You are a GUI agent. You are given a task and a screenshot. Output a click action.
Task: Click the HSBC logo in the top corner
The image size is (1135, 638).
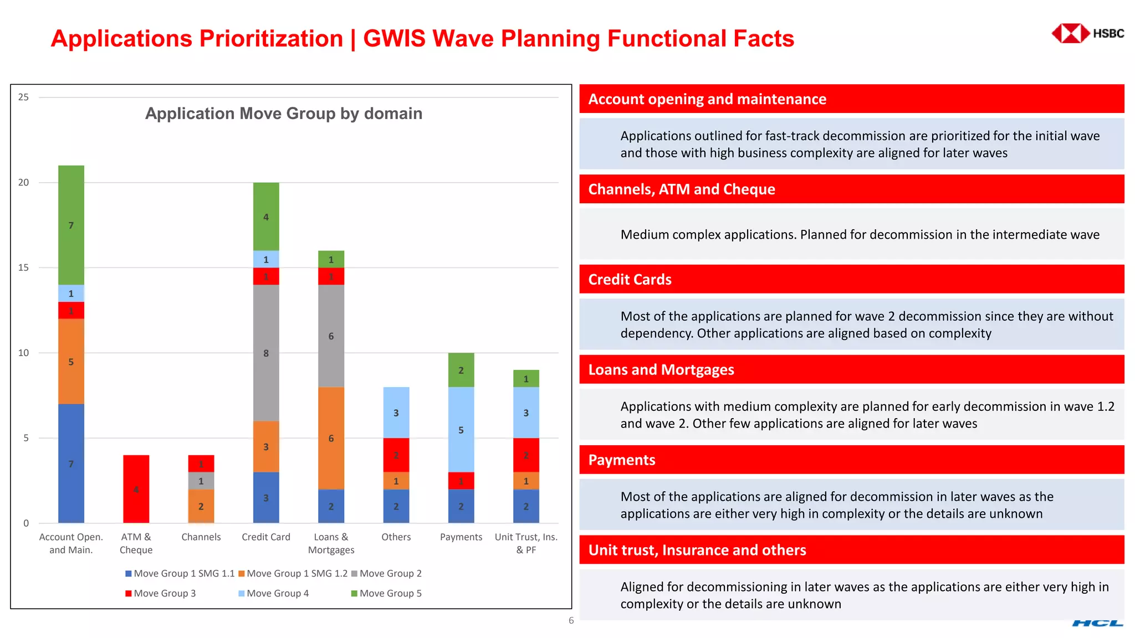pyautogui.click(x=1087, y=33)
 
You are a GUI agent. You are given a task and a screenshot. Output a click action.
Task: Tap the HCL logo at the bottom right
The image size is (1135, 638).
pyautogui.click(x=1097, y=623)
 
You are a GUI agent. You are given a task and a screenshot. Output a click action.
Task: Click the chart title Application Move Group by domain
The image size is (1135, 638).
pyautogui.click(x=283, y=114)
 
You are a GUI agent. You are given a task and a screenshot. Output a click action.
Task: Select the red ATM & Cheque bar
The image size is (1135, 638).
pyautogui.click(x=136, y=488)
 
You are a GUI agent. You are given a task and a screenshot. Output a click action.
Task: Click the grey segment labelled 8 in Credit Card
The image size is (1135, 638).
pyautogui.click(x=266, y=353)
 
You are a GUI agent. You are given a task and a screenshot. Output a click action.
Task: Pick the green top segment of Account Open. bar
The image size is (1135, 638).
pyautogui.click(x=71, y=225)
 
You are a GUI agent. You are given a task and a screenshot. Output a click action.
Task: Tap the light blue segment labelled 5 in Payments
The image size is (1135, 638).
pyautogui.click(x=461, y=429)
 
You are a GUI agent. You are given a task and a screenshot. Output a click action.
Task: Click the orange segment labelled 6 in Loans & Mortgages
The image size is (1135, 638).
pyautogui.click(x=331, y=438)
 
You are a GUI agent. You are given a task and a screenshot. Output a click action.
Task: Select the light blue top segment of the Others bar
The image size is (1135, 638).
pyautogui.click(x=396, y=412)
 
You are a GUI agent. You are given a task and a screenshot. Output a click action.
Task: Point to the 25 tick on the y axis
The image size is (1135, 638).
pyautogui.click(x=23, y=97)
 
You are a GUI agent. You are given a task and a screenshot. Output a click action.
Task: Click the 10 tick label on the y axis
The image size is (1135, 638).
pyautogui.click(x=23, y=353)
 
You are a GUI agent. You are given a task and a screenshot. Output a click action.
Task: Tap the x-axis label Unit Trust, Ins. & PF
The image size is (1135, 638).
pyautogui.click(x=526, y=543)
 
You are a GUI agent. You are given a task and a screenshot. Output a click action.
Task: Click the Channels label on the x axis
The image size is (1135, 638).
pyautogui.click(x=201, y=537)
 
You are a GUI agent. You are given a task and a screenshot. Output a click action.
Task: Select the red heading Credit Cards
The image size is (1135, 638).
pyautogui.click(x=630, y=279)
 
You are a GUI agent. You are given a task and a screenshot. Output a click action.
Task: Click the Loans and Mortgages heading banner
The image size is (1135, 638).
pyautogui.click(x=661, y=369)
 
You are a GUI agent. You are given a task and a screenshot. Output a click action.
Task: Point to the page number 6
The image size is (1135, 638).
pyautogui.click(x=571, y=620)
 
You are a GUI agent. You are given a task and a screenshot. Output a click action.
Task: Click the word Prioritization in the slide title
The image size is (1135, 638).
pyautogui.click(x=271, y=39)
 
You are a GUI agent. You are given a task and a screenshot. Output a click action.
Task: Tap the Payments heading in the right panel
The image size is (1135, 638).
pyautogui.click(x=621, y=460)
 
